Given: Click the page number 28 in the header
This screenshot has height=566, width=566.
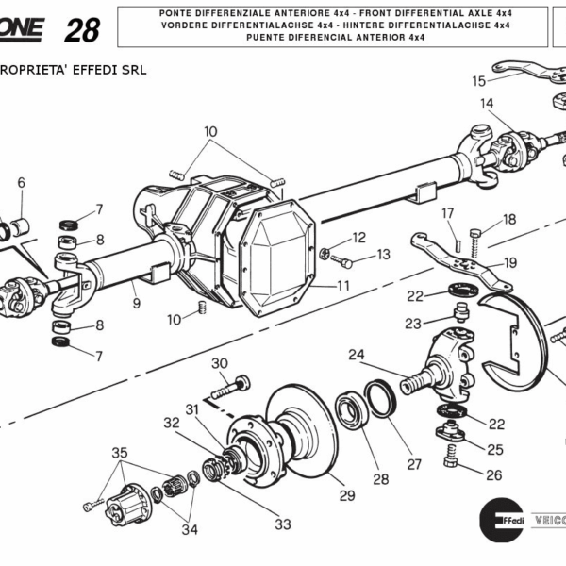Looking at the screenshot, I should pyautogui.click(x=82, y=29).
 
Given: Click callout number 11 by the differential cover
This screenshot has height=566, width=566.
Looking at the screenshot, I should pyautogui.click(x=343, y=285).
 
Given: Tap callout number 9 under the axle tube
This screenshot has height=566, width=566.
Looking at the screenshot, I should pyautogui.click(x=136, y=303).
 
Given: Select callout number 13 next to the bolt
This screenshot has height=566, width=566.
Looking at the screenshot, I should pyautogui.click(x=383, y=254).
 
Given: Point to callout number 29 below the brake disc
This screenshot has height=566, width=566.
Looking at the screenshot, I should pyautogui.click(x=346, y=495).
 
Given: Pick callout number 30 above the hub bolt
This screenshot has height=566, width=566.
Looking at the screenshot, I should pyautogui.click(x=219, y=363).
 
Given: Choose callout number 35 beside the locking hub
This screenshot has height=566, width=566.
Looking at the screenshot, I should pyautogui.click(x=120, y=453).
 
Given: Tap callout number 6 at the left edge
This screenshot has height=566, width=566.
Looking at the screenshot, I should pyautogui.click(x=21, y=182).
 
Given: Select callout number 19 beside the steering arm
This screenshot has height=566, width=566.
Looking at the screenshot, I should pyautogui.click(x=510, y=262).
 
